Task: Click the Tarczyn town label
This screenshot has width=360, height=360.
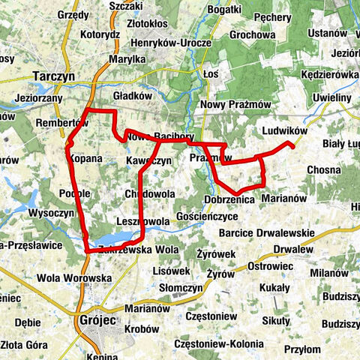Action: tap(55, 76)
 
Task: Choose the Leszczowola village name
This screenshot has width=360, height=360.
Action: tap(143, 221)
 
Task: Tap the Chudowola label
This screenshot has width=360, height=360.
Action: tap(150, 193)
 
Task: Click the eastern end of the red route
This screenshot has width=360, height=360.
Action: tap(292, 145)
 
